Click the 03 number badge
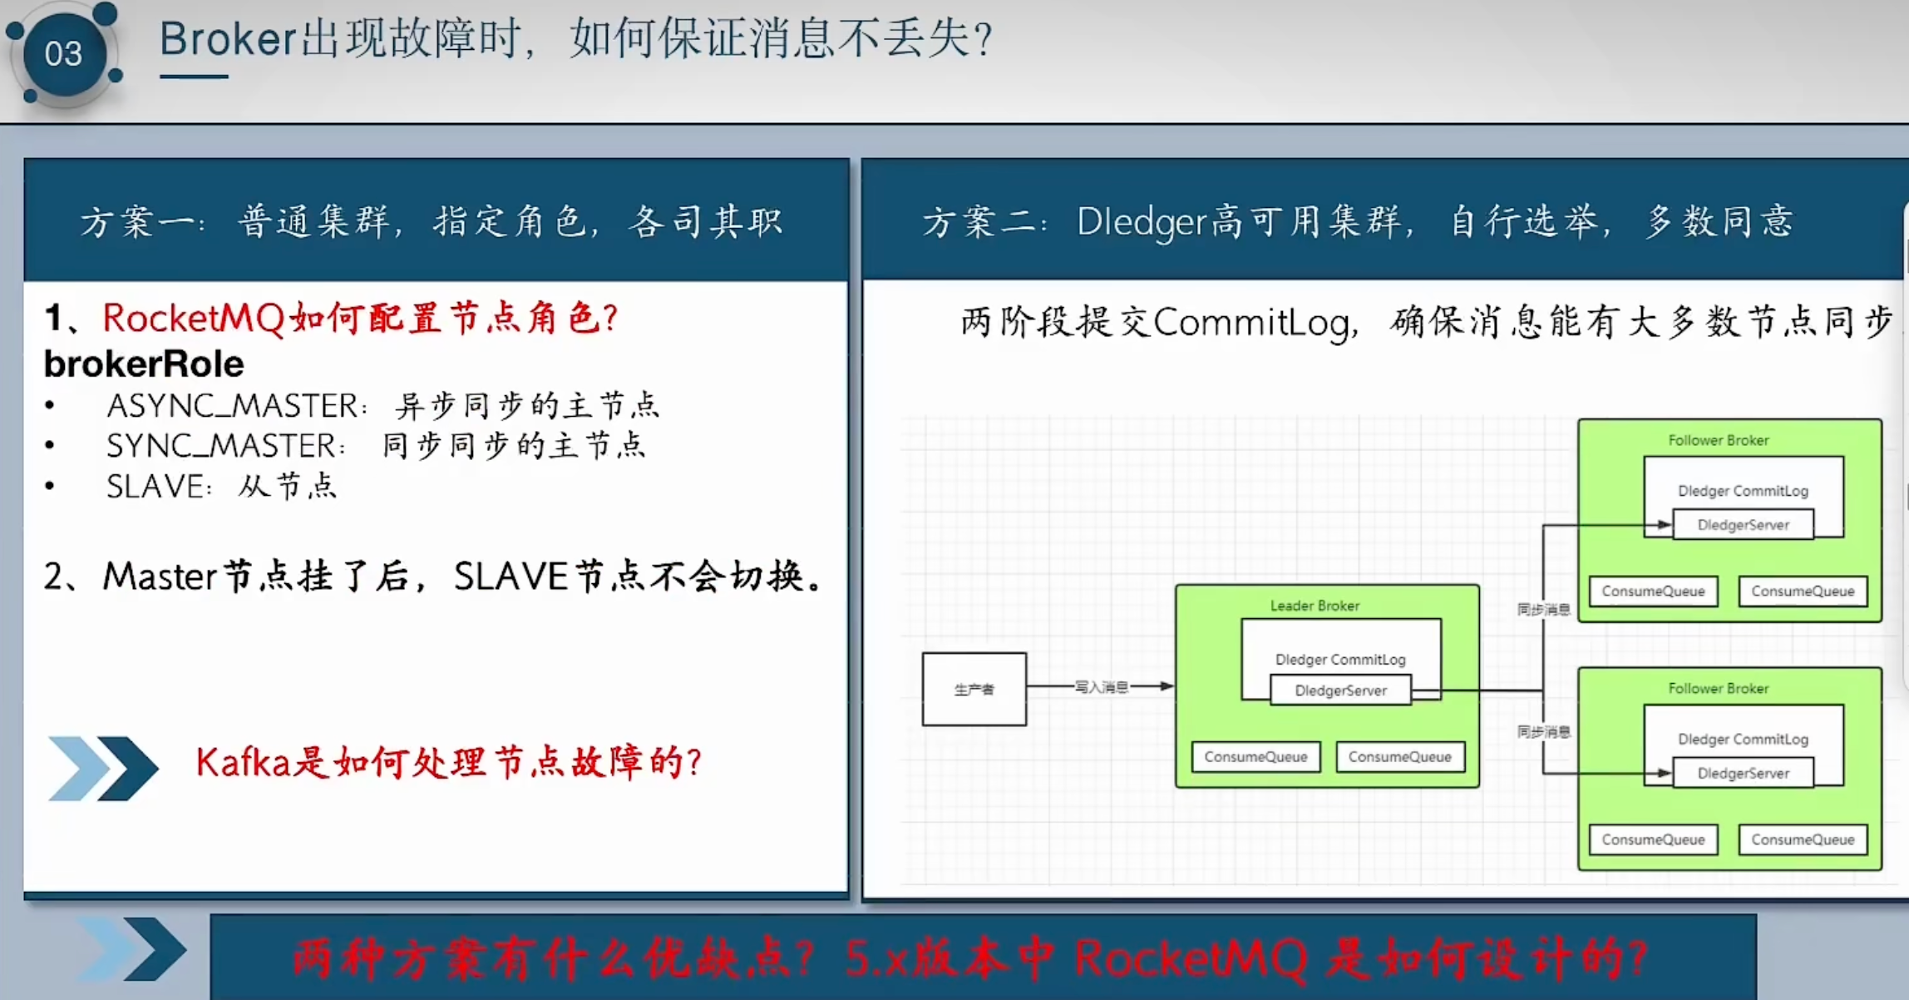(x=63, y=54)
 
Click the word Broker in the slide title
(x=227, y=39)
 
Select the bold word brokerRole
(x=143, y=364)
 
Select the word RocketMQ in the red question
(x=193, y=318)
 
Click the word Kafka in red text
(x=242, y=762)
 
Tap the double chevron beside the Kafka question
(x=102, y=768)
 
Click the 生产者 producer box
(x=974, y=689)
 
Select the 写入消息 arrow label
(x=1101, y=687)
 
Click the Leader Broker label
(x=1315, y=606)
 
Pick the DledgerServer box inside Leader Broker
(x=1340, y=691)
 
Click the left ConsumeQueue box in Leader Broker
(x=1255, y=757)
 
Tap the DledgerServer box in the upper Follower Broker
(x=1743, y=525)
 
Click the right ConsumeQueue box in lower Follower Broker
(x=1803, y=839)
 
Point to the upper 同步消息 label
(x=1543, y=610)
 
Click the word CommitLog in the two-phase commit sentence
(x=1250, y=322)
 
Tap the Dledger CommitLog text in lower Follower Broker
(x=1743, y=739)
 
